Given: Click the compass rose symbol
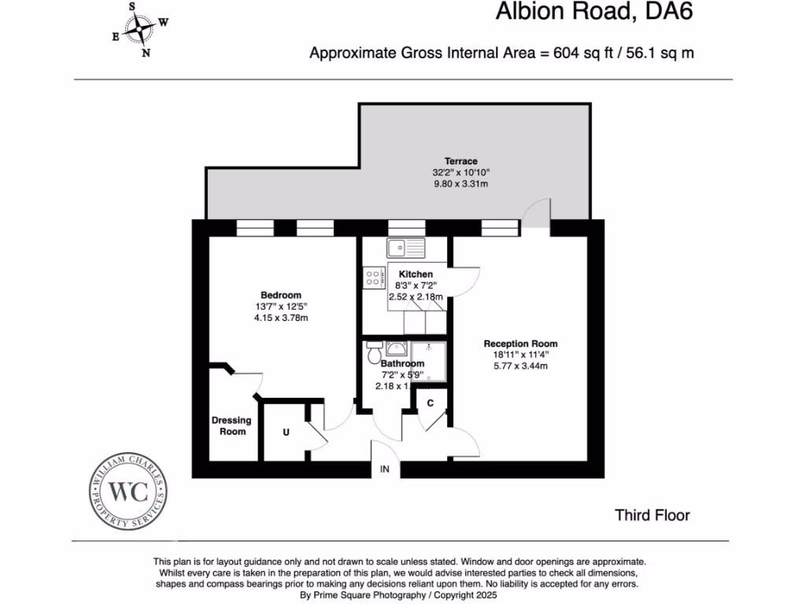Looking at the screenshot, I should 141,31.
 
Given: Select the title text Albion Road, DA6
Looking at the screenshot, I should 595,13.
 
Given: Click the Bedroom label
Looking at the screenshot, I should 281,295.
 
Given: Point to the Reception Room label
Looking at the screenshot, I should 520,344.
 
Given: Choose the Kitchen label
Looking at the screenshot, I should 416,274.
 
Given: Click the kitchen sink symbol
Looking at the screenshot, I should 405,247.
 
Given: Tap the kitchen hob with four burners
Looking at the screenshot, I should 374,277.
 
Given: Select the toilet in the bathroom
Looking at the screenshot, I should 373,353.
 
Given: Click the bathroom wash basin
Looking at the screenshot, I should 396,349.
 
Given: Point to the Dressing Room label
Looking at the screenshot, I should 232,425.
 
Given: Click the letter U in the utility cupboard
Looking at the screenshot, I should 286,432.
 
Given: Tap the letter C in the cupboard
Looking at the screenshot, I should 430,403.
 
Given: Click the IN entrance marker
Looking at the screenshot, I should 385,470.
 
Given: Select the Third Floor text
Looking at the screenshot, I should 652,515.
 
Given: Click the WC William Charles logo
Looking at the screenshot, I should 128,492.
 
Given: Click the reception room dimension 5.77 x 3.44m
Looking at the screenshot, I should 520,366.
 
